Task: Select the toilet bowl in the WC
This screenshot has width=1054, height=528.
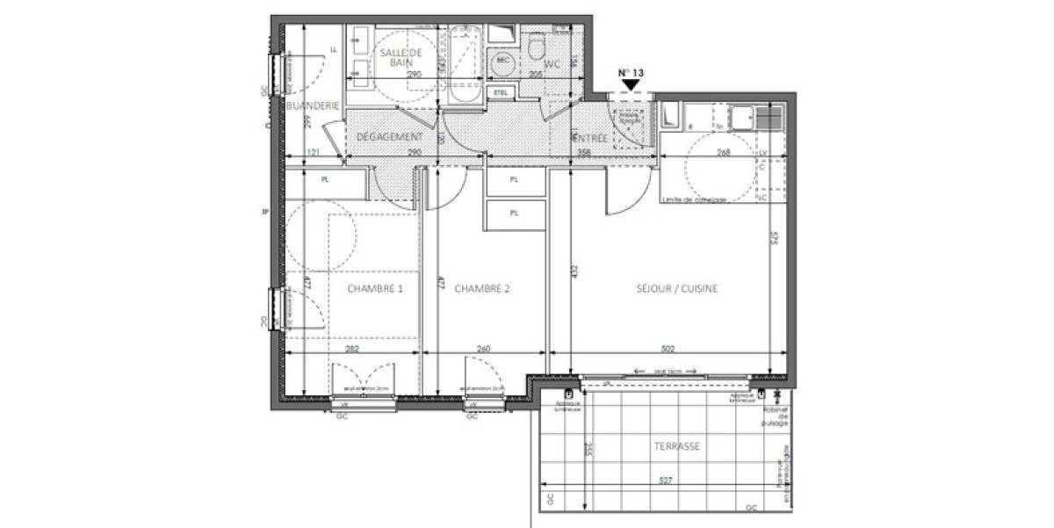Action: click(536, 49)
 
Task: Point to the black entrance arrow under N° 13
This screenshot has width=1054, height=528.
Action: click(630, 84)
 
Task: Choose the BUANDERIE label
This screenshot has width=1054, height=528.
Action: click(313, 105)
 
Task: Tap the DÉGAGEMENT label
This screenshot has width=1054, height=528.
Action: click(390, 137)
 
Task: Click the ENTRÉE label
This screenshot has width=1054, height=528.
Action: click(591, 138)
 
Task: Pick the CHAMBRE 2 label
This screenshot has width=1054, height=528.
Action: click(482, 288)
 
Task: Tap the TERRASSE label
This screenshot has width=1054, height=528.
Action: click(676, 446)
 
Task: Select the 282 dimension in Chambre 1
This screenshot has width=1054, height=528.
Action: click(352, 348)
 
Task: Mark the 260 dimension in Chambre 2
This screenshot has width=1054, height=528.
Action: click(483, 348)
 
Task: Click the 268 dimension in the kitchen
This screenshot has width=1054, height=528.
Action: click(723, 152)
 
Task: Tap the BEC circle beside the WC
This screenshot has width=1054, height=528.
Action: click(503, 61)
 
